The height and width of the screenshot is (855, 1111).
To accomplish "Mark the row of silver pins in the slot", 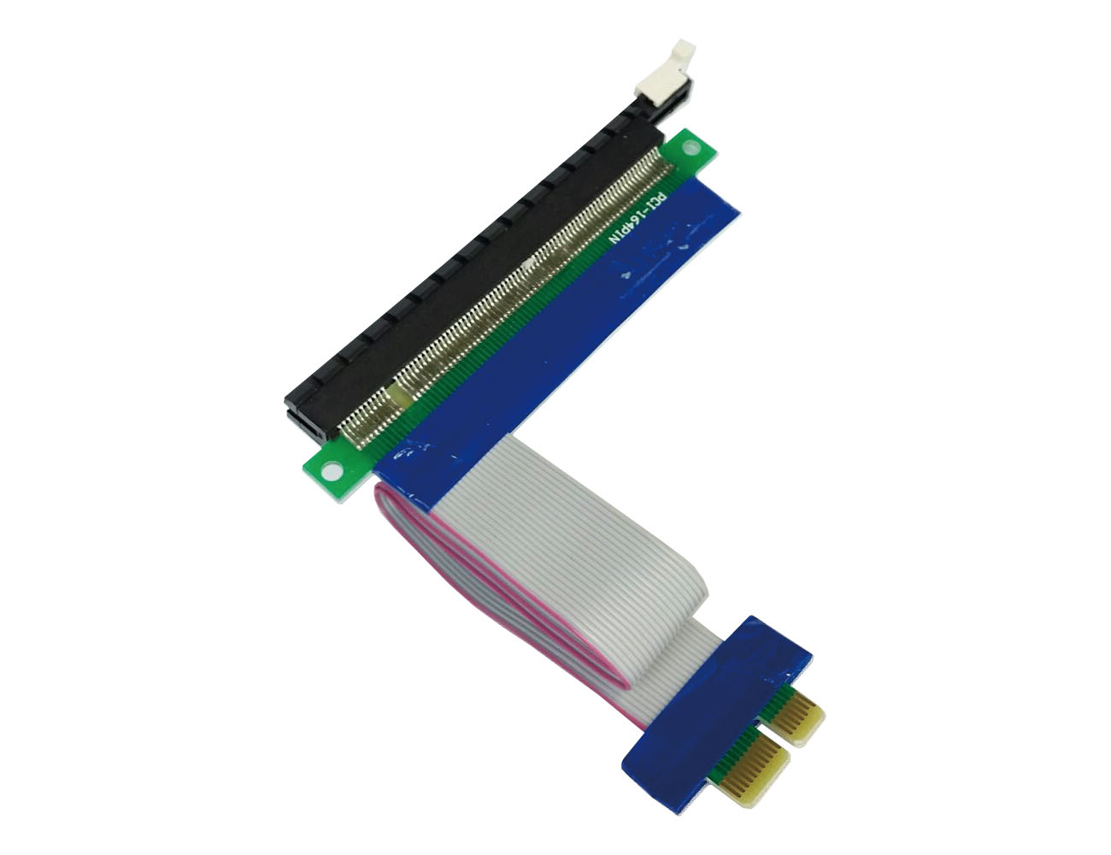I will pos(513,282).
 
